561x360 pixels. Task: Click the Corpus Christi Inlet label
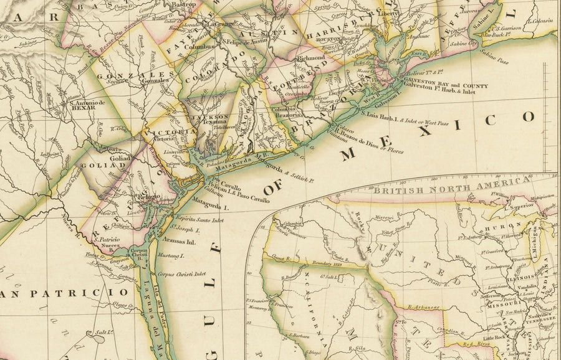181,273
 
